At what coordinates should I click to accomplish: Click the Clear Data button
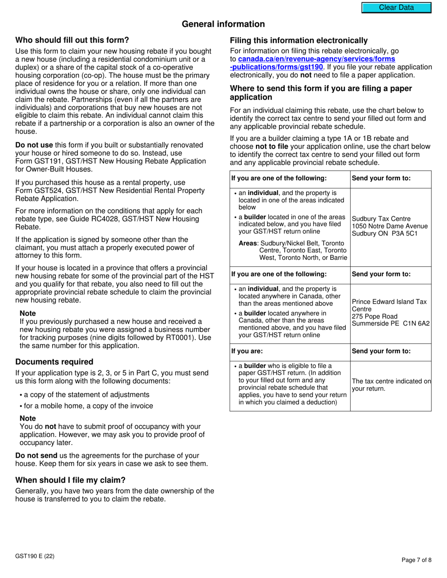[x=396, y=8]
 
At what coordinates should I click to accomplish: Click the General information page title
[x=223, y=24]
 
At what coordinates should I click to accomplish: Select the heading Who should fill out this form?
[x=72, y=40]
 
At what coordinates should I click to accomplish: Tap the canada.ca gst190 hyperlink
[x=316, y=63]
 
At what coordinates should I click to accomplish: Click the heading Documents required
[x=54, y=362]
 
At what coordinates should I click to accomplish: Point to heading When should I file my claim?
[x=70, y=480]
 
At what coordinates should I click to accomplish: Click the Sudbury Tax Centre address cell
[x=390, y=227]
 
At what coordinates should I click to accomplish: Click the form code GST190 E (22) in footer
[x=34, y=556]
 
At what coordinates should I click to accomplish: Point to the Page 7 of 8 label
[x=416, y=560]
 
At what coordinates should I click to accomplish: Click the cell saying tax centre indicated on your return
[x=391, y=385]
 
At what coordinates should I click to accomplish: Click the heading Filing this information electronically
[x=299, y=40]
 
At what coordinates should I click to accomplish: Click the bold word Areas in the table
[x=247, y=243]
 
